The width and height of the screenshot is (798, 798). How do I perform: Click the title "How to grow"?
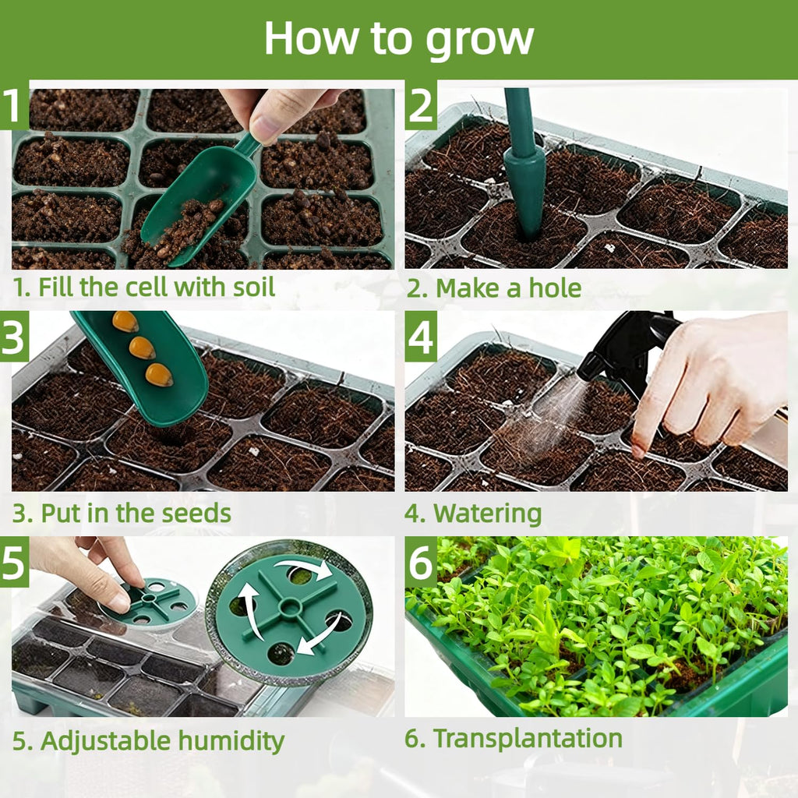click(398, 38)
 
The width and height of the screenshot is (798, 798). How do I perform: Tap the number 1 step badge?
click(14, 107)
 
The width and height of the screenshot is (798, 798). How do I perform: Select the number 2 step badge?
click(420, 107)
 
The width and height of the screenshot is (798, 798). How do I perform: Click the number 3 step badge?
click(14, 337)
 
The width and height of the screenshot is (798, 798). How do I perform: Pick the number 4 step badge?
click(420, 337)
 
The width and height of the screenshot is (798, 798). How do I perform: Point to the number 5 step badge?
click(14, 562)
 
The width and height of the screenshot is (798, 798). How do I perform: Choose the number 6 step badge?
click(420, 562)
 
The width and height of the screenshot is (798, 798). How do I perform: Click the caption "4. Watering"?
click(474, 514)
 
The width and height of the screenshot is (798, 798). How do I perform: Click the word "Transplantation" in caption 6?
click(528, 739)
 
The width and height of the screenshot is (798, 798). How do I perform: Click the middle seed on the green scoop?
click(142, 348)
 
